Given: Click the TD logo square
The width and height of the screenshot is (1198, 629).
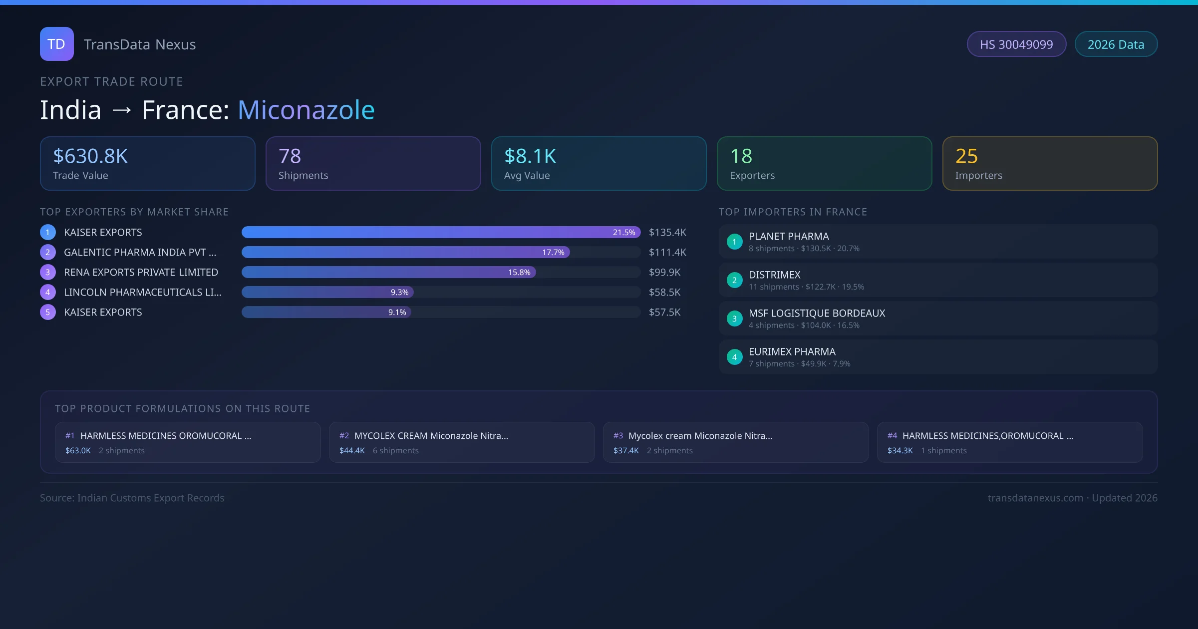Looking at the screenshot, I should coord(56,44).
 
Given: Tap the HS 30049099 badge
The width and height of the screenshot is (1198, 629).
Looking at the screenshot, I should coord(1016,44).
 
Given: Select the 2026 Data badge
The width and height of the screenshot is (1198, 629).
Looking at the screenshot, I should coord(1116,44).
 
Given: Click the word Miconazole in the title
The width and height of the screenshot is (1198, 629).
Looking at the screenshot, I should coord(306,110).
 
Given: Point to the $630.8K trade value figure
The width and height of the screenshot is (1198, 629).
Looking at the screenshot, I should coord(90,156).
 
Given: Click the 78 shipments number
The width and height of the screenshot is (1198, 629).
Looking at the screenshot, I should coord(290,156).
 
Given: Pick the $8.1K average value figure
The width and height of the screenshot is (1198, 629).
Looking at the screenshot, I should coord(530,156).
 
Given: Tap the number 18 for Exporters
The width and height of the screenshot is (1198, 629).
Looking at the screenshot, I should coord(741,156).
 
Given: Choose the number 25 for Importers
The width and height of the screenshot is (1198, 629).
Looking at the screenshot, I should coord(966,156).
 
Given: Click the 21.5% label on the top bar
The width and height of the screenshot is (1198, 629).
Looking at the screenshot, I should coord(624,233).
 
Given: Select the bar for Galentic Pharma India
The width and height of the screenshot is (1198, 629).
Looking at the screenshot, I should coord(405,253).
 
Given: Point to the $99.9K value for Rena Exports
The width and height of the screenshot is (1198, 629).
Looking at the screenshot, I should coord(664,273).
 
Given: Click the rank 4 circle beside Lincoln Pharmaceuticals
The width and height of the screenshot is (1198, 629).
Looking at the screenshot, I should coord(48,293).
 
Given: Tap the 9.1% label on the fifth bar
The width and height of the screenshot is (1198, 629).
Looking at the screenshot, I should coord(397,313).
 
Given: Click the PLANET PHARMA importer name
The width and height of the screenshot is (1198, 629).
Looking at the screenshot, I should coord(789,237).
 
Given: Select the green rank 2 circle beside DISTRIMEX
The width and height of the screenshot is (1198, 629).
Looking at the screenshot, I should coord(734,281).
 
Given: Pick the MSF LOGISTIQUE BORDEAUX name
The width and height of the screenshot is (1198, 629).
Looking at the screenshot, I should coord(817,314).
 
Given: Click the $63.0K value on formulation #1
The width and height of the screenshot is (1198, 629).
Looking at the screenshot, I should coord(78,451).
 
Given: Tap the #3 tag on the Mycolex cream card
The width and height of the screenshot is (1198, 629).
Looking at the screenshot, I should coord(618,436).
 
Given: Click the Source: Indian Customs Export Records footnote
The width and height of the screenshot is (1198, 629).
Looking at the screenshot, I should coord(132,498).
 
